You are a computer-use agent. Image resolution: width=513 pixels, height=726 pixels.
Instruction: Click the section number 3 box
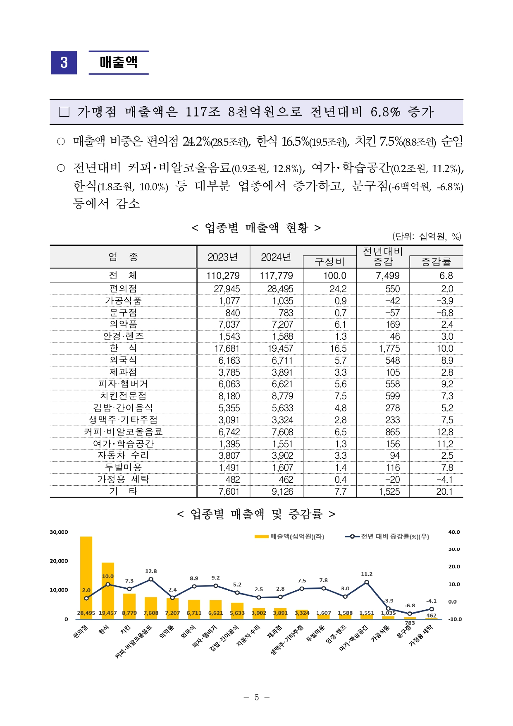(64, 62)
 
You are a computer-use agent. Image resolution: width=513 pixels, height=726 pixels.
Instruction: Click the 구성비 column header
(329, 262)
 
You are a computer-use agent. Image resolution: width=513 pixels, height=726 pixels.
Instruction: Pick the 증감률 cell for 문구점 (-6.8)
(445, 313)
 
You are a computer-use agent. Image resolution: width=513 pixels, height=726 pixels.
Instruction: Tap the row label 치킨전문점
(123, 396)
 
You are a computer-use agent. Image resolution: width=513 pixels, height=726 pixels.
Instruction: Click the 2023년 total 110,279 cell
(223, 276)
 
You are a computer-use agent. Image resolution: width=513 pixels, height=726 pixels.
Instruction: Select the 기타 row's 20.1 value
(444, 491)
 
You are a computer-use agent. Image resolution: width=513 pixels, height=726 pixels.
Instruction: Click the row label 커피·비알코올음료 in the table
(123, 432)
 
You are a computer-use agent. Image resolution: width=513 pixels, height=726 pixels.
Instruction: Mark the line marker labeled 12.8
(151, 580)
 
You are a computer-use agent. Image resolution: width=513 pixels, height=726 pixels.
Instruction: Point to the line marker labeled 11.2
(367, 582)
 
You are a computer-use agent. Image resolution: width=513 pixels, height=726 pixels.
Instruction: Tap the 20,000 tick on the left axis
(59, 561)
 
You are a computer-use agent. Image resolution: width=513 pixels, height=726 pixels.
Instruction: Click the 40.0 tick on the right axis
(454, 532)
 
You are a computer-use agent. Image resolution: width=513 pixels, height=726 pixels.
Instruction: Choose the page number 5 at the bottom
(256, 697)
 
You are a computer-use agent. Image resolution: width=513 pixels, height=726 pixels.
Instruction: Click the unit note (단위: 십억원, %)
(427, 236)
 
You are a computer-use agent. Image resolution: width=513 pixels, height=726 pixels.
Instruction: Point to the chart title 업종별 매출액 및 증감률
(256, 514)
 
